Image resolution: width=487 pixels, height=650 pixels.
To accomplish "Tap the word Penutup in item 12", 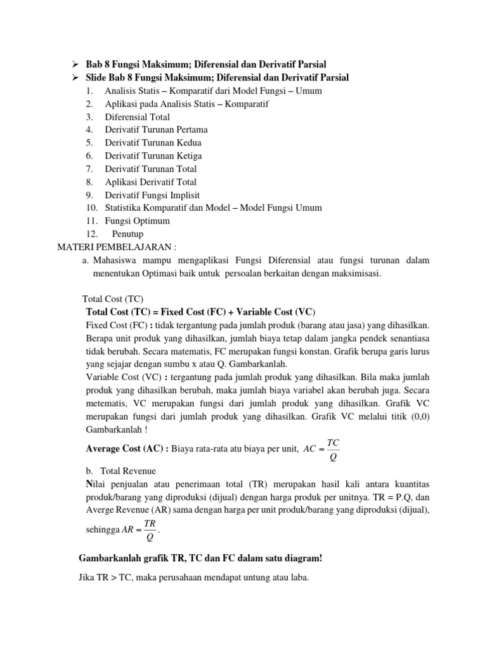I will click(129, 234).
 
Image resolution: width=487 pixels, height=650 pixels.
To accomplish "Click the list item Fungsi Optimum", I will click(137, 221).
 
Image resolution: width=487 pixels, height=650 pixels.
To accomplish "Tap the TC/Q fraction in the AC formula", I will click(334, 448).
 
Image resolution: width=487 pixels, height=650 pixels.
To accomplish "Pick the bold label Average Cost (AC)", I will click(126, 449).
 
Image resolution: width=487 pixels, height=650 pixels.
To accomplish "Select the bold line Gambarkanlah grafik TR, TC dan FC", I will click(200, 558).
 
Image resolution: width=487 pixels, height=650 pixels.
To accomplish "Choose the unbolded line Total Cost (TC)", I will click(114, 299).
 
